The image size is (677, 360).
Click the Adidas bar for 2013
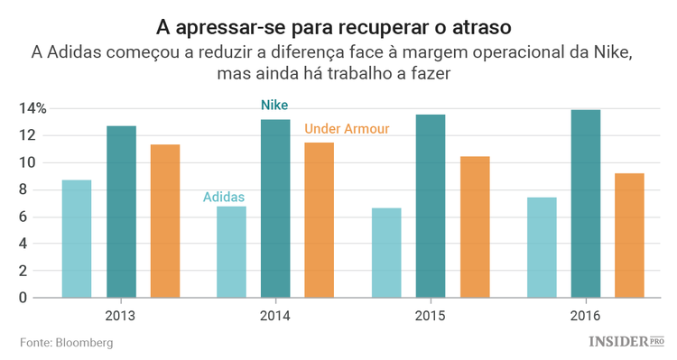(x=77, y=239)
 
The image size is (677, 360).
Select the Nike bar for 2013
(x=121, y=212)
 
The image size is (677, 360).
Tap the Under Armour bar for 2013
(x=165, y=221)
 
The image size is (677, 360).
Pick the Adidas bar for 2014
(x=231, y=253)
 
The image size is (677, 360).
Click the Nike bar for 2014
(x=275, y=208)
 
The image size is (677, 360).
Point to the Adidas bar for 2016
(x=542, y=247)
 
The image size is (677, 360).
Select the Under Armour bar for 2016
(x=630, y=235)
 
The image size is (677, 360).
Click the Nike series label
(x=274, y=106)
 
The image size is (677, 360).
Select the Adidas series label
(x=223, y=196)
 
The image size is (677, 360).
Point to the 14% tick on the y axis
(x=33, y=109)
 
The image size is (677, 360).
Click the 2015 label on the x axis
(x=429, y=317)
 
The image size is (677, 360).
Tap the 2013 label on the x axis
(x=121, y=317)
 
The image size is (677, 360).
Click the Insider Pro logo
(x=626, y=342)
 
